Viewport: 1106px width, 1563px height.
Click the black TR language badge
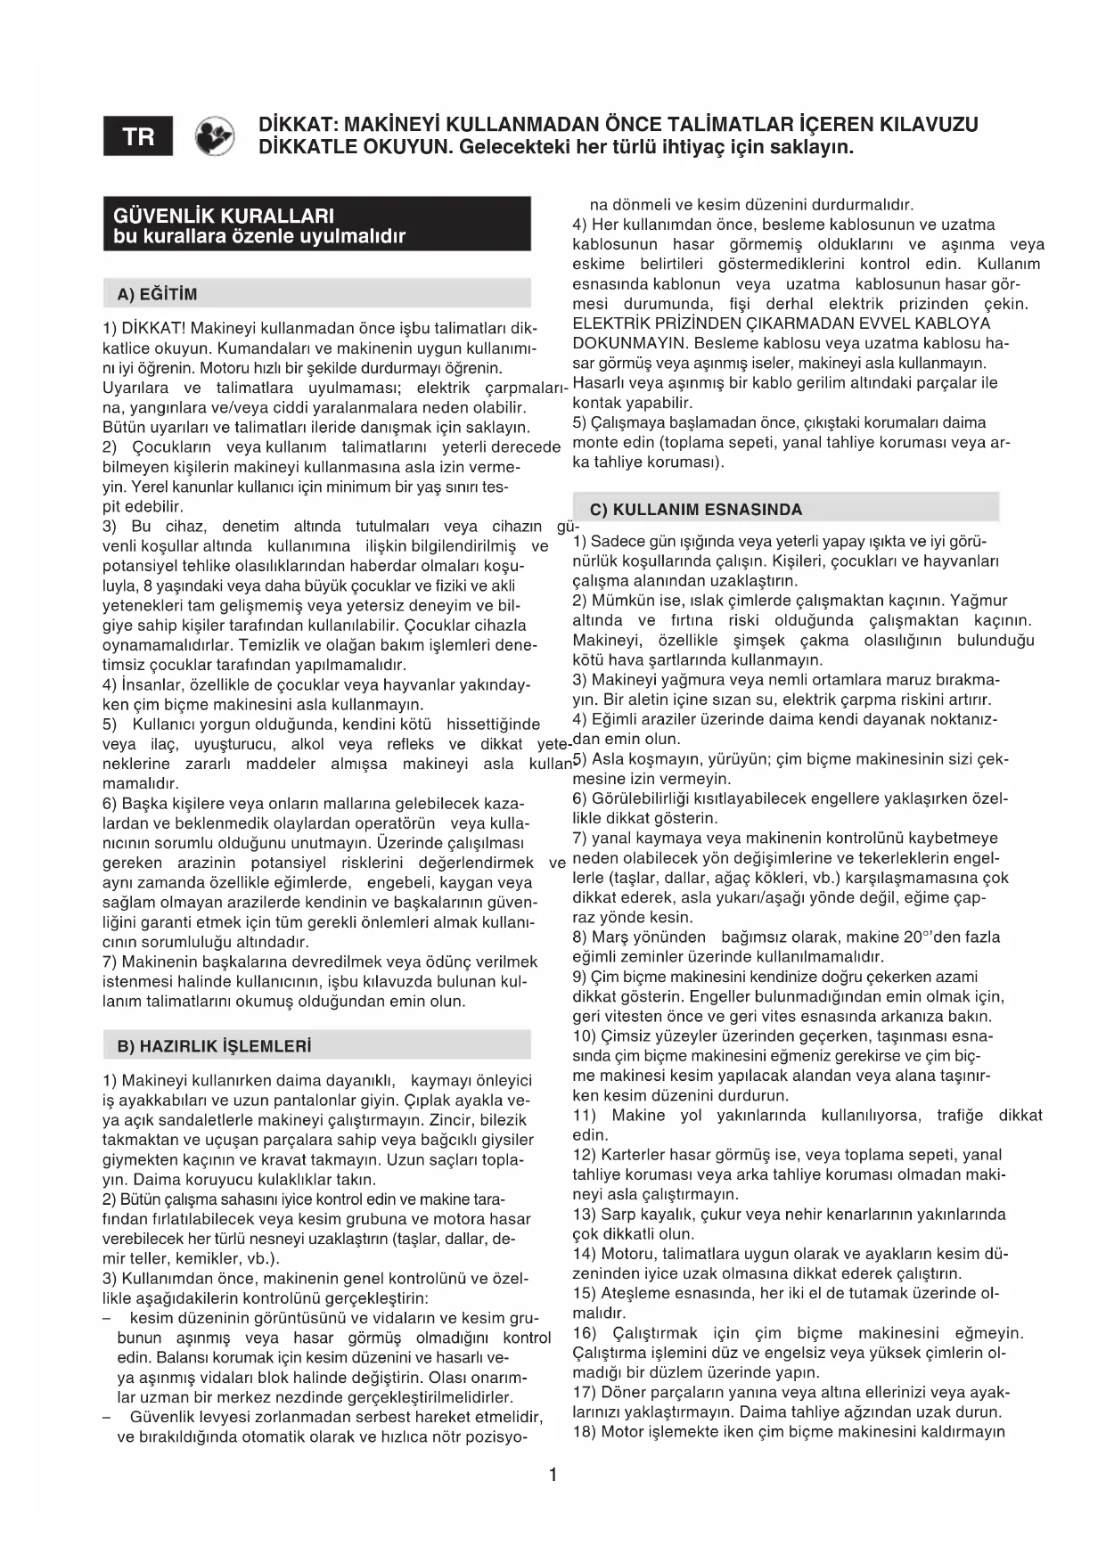138,136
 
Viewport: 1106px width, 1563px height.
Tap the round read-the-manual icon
215,137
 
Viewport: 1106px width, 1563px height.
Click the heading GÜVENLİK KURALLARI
224,215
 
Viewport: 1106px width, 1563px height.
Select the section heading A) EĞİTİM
157,294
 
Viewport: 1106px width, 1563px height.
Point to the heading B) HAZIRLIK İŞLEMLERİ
214,1045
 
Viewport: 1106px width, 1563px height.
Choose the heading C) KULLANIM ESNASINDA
695,510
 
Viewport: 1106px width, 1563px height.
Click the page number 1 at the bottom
553,1475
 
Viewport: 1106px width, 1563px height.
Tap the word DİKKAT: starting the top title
295,124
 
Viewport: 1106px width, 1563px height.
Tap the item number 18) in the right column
585,1431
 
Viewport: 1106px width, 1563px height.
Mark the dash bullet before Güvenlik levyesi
107,1417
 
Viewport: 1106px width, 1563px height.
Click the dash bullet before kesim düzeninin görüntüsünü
107,1318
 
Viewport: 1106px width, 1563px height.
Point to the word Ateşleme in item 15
635,1293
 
